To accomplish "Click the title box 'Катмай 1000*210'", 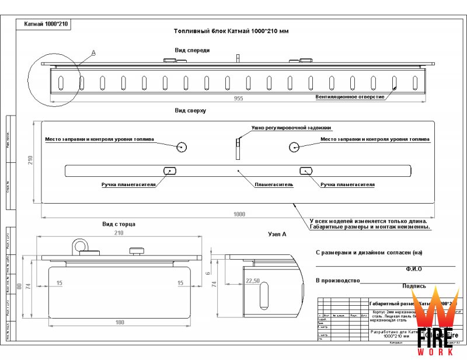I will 46,25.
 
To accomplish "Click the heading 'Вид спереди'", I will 192,50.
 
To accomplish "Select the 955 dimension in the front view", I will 238,99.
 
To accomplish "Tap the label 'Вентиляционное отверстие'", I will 350,96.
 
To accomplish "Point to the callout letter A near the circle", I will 93,53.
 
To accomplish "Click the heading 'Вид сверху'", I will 190,110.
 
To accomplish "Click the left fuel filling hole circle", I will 182,147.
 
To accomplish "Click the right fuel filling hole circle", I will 294,147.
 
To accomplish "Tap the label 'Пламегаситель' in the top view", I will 273,184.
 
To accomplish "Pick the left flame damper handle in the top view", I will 170,170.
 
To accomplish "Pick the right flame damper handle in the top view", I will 306,170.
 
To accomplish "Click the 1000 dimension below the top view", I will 238,214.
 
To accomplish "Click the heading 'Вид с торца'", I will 119,224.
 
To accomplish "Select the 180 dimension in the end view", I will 119,322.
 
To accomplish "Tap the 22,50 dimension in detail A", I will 253,281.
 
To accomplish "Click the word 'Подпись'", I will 413,286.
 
